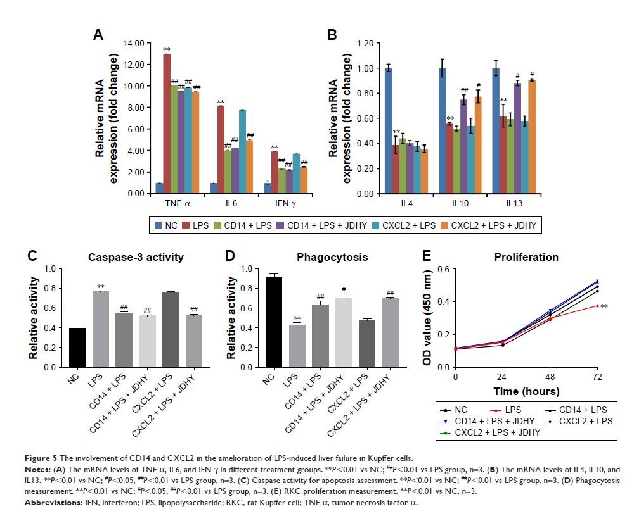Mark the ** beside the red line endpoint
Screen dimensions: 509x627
[604, 306]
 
